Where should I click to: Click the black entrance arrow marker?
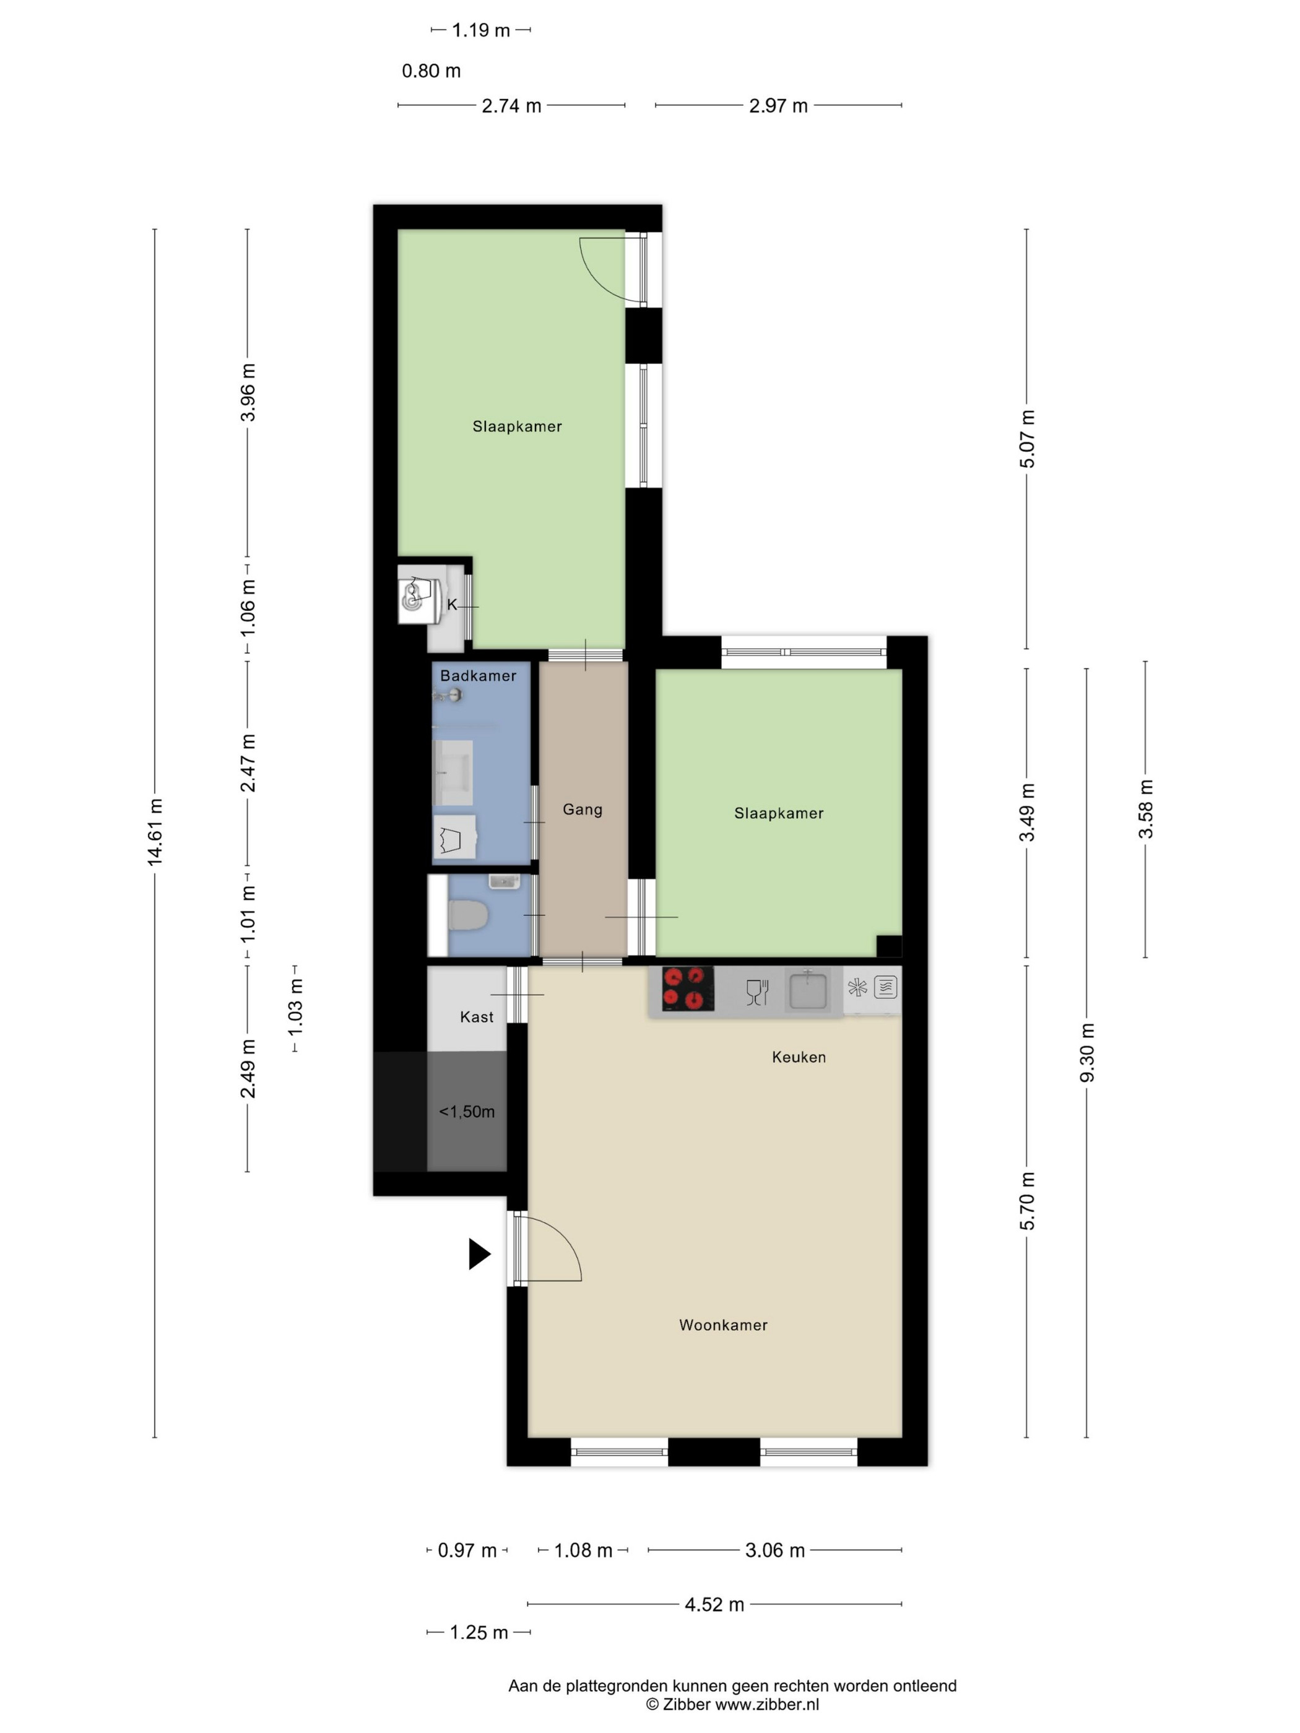pos(479,1253)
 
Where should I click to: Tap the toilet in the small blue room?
pos(468,914)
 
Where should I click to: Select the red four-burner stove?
pos(687,988)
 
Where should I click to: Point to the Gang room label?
pos(583,810)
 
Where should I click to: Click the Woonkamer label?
pos(722,1325)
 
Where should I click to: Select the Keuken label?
pos(799,1057)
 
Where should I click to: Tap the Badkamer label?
pos(478,675)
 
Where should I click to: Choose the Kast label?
pos(477,1017)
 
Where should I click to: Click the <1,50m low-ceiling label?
pos(466,1111)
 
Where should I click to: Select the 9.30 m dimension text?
pos(1087,1052)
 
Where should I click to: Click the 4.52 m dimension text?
pos(714,1604)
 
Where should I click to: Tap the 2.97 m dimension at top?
pos(778,106)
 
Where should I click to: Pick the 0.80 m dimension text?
pos(431,71)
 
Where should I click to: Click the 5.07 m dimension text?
pos(1027,439)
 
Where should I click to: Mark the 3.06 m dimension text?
pos(775,1550)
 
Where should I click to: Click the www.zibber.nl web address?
pos(767,1704)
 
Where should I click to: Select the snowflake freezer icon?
pos(857,987)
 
